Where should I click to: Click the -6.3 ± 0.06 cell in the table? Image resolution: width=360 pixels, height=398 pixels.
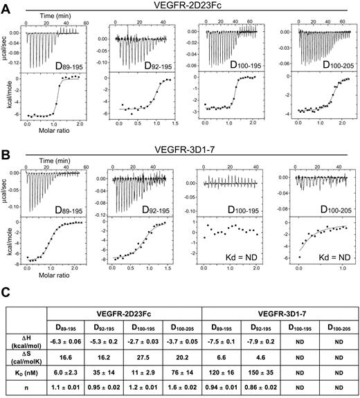[x=67, y=334]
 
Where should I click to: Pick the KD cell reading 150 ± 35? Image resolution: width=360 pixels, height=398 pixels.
[x=255, y=368]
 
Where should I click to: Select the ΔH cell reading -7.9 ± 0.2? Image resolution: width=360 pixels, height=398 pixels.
[x=255, y=334]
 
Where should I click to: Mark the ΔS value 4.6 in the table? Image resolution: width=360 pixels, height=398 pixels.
[x=255, y=351]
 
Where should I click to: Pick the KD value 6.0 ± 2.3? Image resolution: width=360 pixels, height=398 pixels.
[x=67, y=368]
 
